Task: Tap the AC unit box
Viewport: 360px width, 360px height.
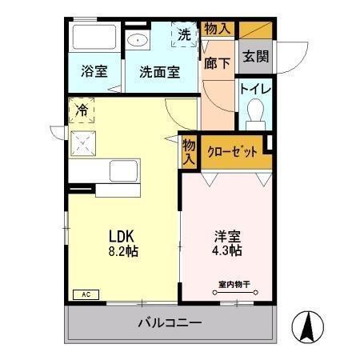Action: pyautogui.click(x=85, y=294)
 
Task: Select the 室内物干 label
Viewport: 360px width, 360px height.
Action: pyautogui.click(x=234, y=284)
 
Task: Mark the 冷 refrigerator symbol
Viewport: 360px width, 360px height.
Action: pyautogui.click(x=82, y=110)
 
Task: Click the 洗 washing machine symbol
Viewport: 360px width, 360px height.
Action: pyautogui.click(x=184, y=35)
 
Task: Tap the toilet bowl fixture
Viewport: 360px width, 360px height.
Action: pyautogui.click(x=257, y=113)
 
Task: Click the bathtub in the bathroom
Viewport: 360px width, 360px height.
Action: pyautogui.click(x=94, y=38)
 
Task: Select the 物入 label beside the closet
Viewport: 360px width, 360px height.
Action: pyautogui.click(x=190, y=152)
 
